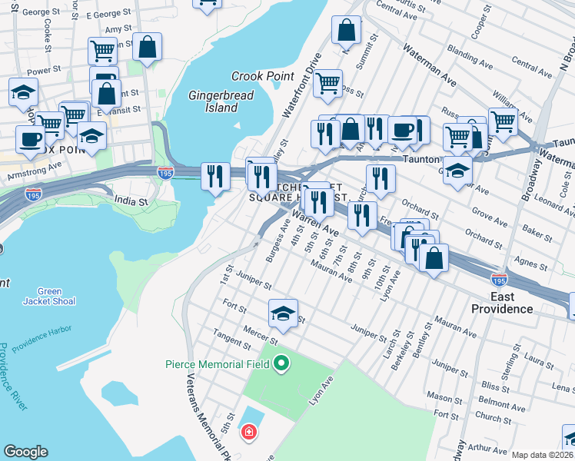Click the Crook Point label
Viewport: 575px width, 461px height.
[x=263, y=76]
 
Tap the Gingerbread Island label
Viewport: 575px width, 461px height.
[x=213, y=101]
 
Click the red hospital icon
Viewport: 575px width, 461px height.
[x=248, y=433]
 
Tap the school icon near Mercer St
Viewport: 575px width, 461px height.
[x=283, y=313]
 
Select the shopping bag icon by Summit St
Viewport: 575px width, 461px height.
[x=347, y=31]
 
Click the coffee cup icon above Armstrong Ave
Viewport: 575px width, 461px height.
[x=31, y=139]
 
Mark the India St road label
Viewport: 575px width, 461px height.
[x=131, y=201]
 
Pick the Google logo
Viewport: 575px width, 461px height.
[x=26, y=452]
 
